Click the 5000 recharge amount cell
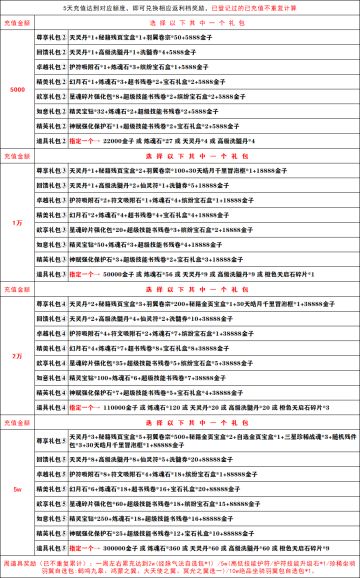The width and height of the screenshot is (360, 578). [x=17, y=89]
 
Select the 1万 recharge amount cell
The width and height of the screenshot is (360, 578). [x=17, y=222]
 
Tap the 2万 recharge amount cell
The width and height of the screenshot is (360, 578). [x=17, y=355]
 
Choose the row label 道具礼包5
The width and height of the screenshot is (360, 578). [x=51, y=550]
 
